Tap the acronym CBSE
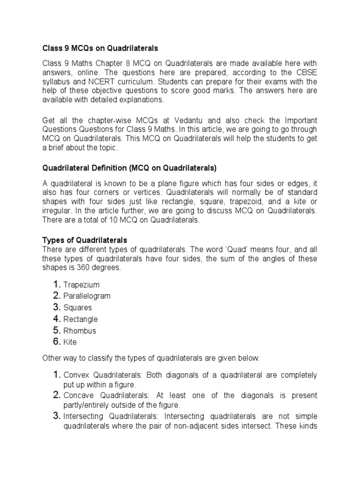(307, 72)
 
